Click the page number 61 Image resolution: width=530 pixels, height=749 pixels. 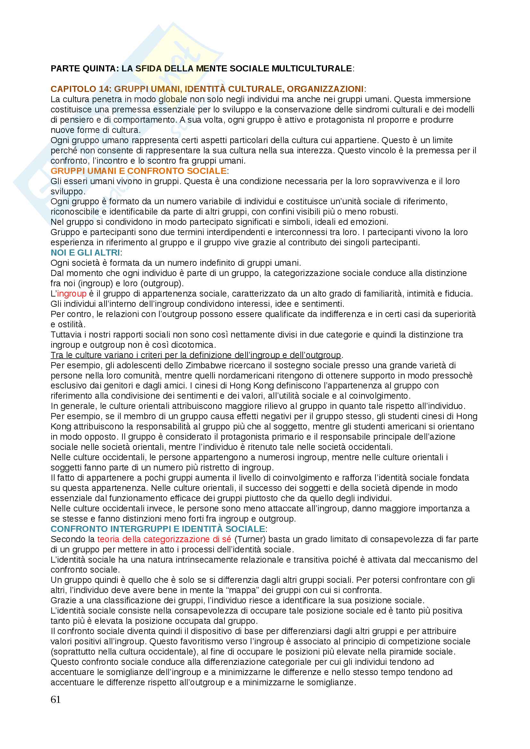[x=55, y=699]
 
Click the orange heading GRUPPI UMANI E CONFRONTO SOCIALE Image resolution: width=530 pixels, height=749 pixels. [x=139, y=171]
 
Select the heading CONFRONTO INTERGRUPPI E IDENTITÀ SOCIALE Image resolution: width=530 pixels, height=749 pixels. [x=158, y=529]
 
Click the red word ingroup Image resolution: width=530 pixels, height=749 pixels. [x=72, y=294]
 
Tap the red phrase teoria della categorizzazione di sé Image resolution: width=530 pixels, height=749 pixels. [x=164, y=539]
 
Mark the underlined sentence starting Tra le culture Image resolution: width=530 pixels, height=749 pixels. [x=196, y=355]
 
